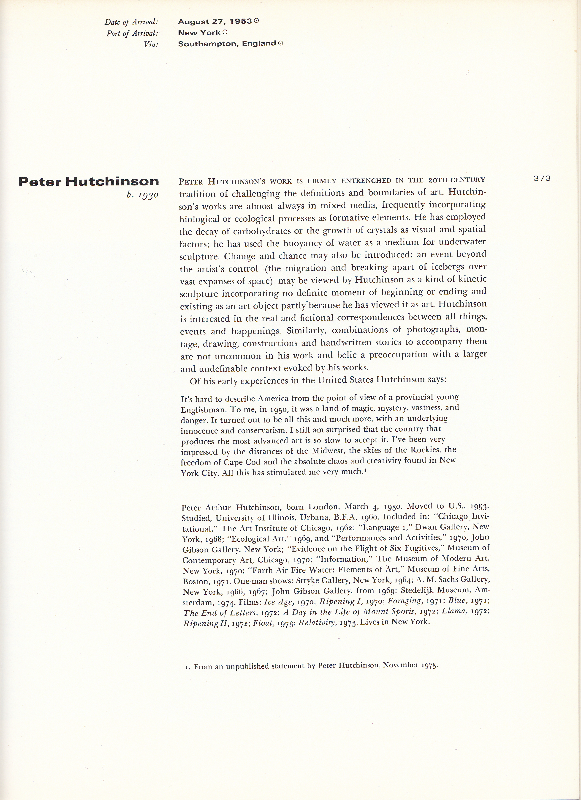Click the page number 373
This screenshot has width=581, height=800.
coord(542,179)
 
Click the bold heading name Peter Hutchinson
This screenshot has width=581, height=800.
coord(88,182)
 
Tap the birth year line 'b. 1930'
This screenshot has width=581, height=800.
coord(142,195)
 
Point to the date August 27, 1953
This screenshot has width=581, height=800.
coord(215,22)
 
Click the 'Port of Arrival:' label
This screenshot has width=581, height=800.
coord(132,33)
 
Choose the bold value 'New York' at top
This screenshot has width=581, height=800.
coord(199,33)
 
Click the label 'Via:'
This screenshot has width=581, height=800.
coord(151,45)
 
